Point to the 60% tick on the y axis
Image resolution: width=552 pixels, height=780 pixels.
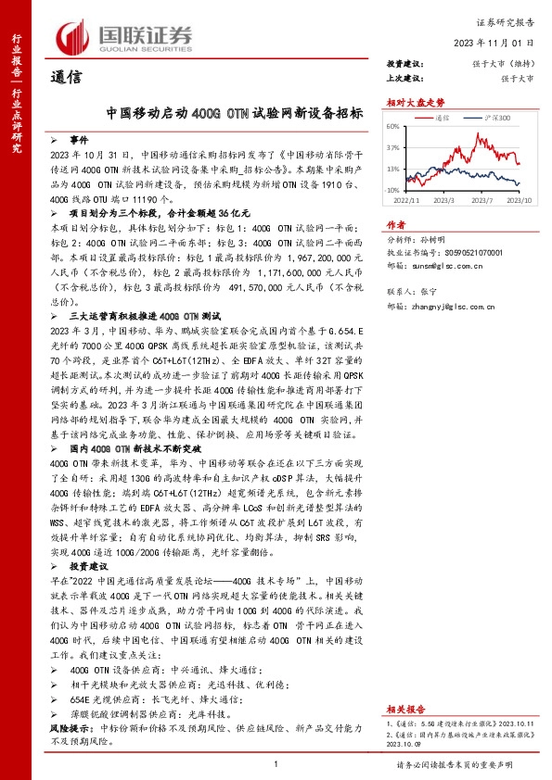392,126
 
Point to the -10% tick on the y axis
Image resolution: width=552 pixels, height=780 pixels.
392,190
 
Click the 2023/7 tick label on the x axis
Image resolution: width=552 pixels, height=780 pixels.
481,199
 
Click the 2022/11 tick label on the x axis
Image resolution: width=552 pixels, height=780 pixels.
407,199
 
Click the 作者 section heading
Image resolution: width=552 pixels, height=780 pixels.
396,225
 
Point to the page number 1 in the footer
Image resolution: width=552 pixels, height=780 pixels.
276,763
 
